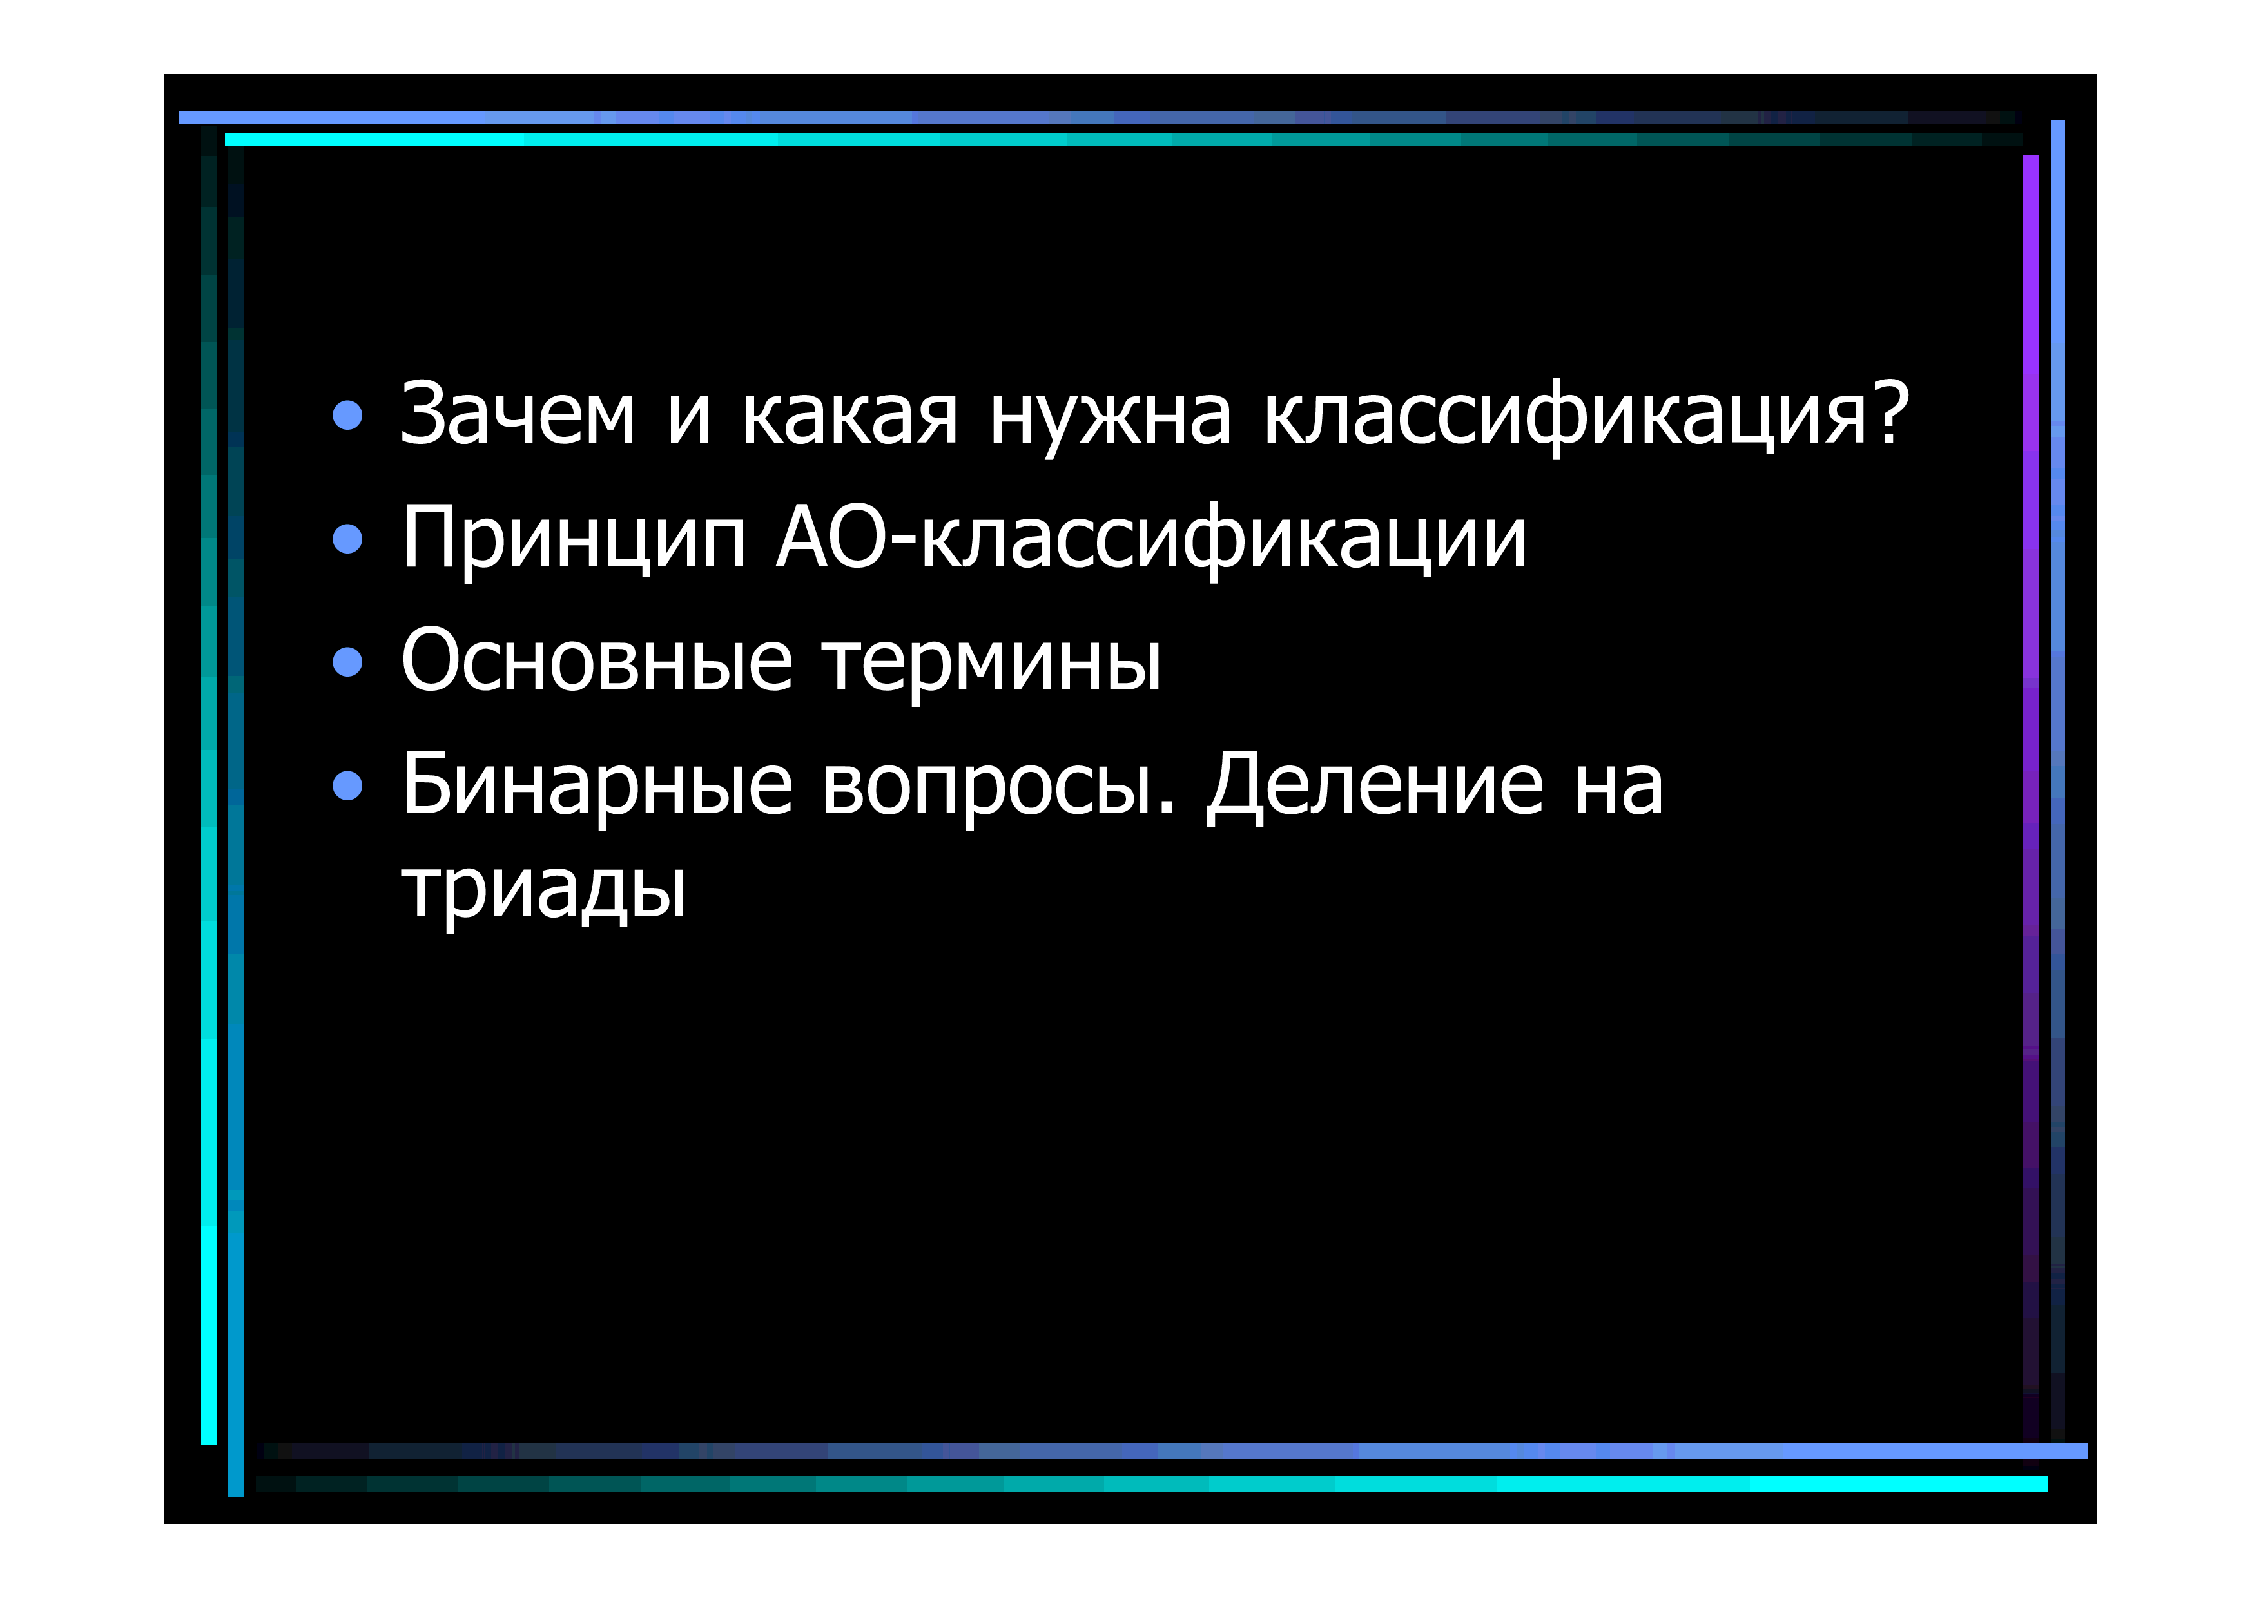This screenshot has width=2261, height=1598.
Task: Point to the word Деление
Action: pyautogui.click(x=1375, y=785)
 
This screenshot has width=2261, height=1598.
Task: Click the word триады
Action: pyautogui.click(x=543, y=889)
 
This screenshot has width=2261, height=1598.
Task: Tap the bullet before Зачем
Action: pyautogui.click(x=347, y=416)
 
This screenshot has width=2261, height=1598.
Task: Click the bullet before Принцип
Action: pyautogui.click(x=347, y=539)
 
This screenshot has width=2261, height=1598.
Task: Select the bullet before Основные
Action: pyautogui.click(x=347, y=662)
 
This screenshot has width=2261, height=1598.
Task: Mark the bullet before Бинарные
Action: pyautogui.click(x=347, y=785)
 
